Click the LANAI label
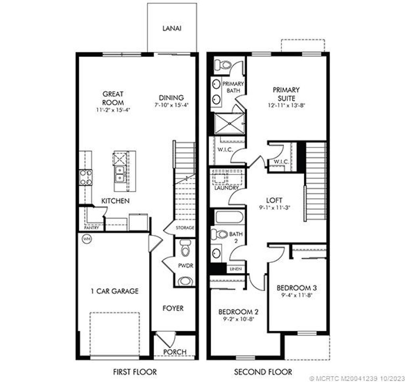(x=172, y=28)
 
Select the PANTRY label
(x=92, y=228)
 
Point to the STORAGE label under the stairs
(x=185, y=228)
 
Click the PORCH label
(x=174, y=352)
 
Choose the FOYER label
(x=173, y=308)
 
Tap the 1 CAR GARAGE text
(x=114, y=291)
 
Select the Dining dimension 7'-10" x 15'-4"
(x=171, y=105)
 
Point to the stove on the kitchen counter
(x=86, y=177)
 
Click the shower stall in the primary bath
(x=229, y=124)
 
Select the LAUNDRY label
(x=226, y=188)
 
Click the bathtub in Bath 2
(x=229, y=217)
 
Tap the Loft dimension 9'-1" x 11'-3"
(x=274, y=208)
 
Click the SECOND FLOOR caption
(x=263, y=372)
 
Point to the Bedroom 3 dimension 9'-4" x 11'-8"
(x=297, y=295)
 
